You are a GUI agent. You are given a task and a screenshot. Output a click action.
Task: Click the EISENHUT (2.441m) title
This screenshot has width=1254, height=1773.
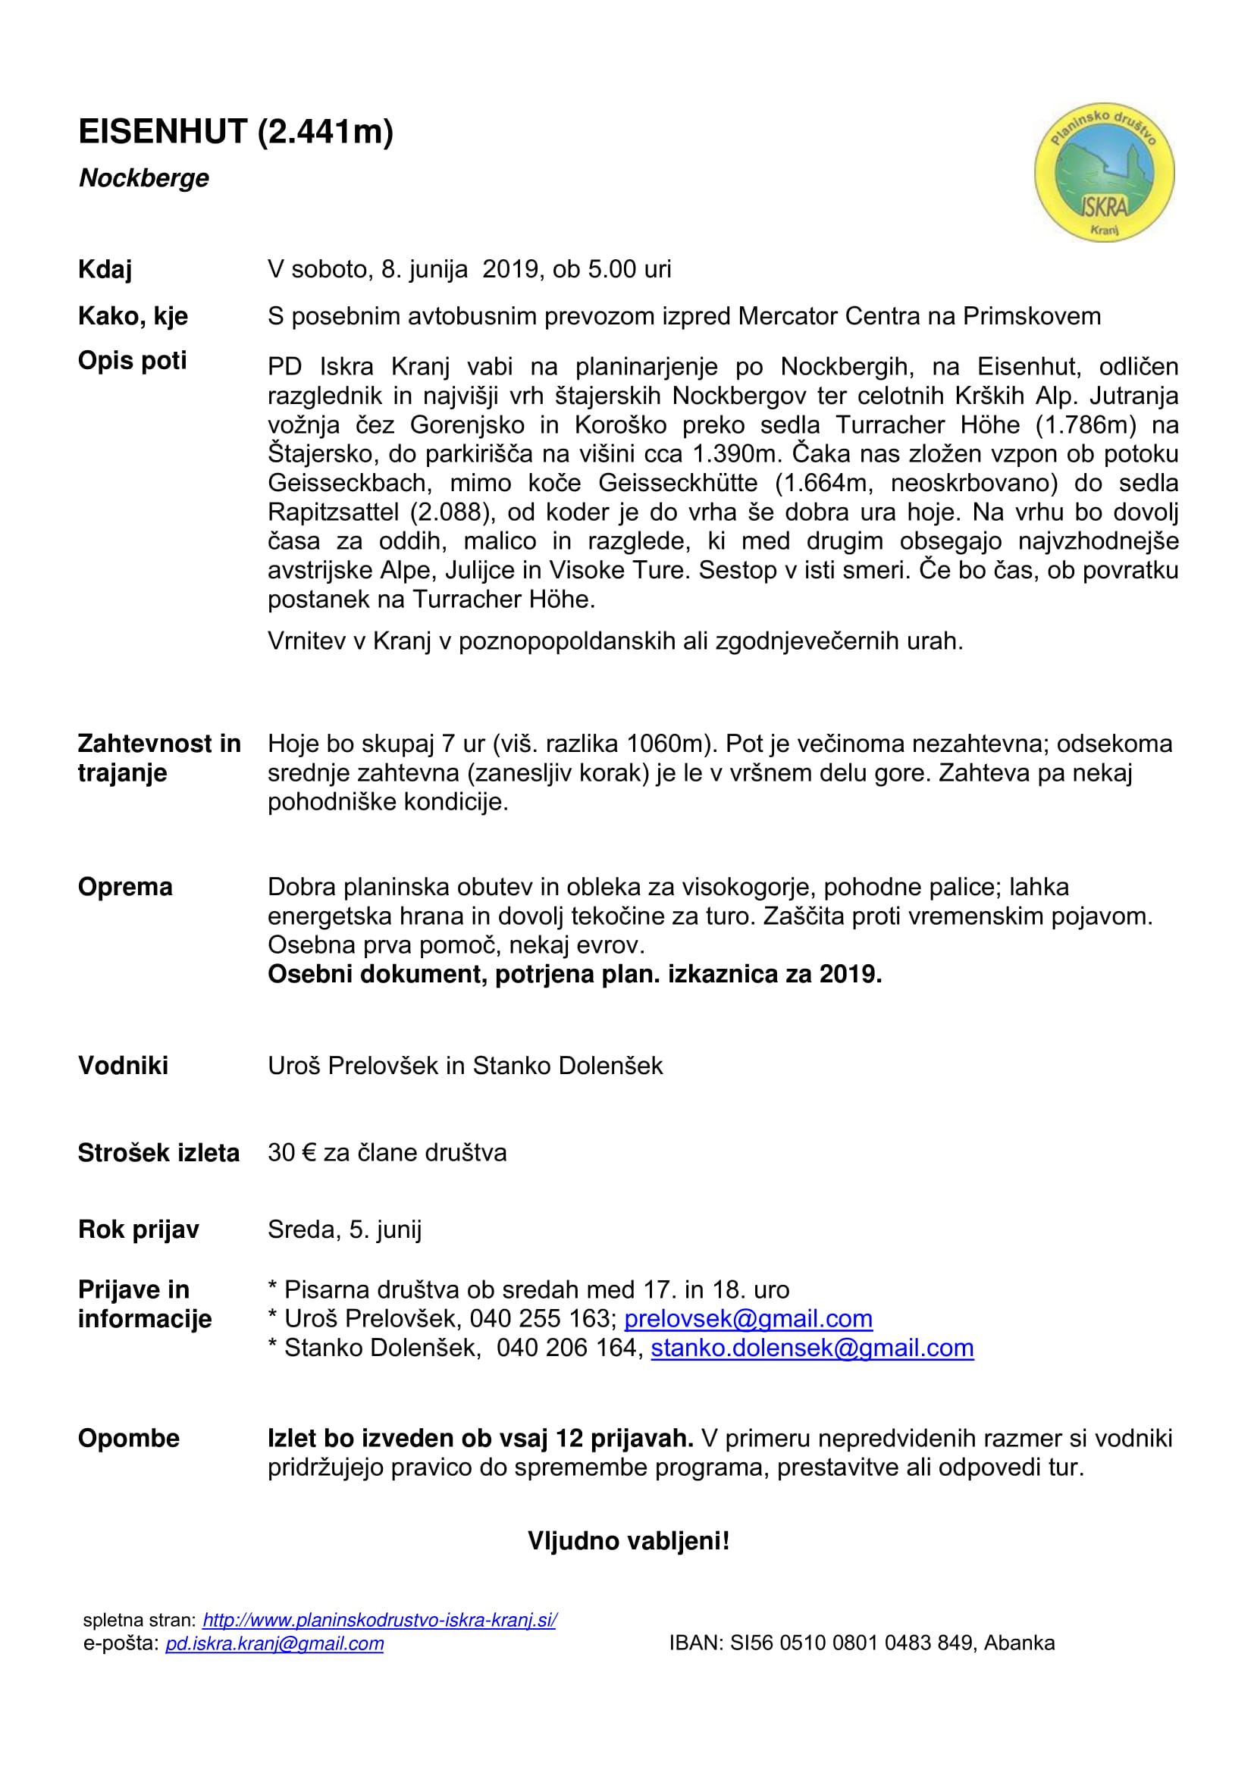(x=236, y=132)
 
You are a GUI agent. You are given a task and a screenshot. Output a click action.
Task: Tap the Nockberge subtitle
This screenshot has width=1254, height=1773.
(x=143, y=178)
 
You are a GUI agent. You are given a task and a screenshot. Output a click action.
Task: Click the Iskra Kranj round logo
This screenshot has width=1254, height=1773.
(x=1103, y=172)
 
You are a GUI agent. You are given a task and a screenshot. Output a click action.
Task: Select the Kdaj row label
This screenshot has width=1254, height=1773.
(x=105, y=270)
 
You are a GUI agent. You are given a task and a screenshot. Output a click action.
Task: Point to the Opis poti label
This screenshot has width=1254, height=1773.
(x=132, y=361)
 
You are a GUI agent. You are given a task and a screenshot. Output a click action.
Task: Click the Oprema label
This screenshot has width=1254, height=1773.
(x=125, y=887)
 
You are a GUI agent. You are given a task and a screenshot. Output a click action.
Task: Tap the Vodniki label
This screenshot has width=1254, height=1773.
(x=123, y=1065)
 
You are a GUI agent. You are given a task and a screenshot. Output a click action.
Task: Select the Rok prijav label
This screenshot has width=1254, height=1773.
(x=138, y=1229)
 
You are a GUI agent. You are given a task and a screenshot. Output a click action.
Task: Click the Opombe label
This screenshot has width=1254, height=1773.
(x=128, y=1438)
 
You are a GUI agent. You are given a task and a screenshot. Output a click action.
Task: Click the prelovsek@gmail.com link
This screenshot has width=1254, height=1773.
(x=748, y=1318)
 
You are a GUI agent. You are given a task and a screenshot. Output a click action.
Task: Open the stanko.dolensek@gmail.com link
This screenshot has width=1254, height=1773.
(x=811, y=1348)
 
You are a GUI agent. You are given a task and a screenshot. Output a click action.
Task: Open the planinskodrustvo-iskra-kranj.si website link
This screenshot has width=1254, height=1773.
(x=379, y=1620)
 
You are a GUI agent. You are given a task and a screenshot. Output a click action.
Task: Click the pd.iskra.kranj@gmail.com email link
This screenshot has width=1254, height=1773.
(x=274, y=1643)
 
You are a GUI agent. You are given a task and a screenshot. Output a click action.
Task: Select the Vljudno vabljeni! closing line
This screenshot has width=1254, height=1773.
(x=628, y=1540)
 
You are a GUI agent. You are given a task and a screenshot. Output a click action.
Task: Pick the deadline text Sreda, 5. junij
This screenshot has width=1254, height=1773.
(x=344, y=1229)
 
